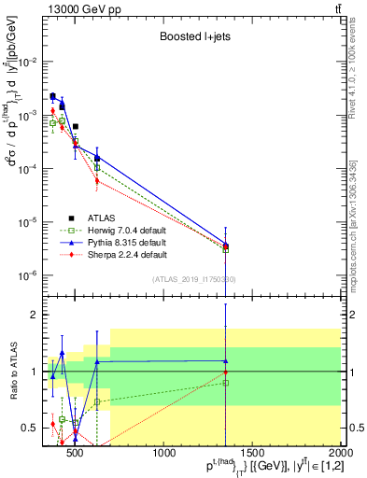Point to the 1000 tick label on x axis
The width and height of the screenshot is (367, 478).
pos(164,453)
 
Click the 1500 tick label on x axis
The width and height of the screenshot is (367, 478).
pos(253,453)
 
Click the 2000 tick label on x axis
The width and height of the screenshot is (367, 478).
pos(339,453)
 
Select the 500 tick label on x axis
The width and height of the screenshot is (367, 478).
pos(77,453)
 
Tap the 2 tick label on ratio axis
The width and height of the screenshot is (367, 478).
pos(35,315)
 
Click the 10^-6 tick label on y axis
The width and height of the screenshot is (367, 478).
pos(29,275)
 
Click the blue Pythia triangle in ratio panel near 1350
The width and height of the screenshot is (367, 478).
pos(226,361)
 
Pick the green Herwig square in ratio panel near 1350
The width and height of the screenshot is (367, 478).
pos(226,383)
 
